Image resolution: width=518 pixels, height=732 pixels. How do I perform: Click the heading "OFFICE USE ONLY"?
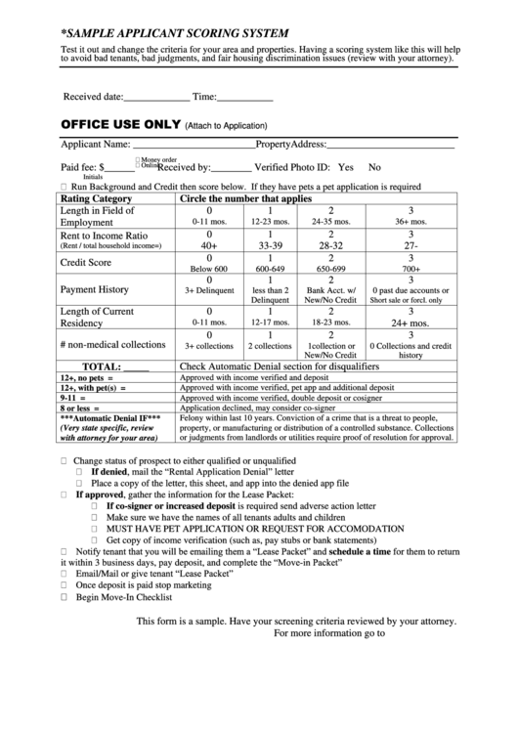click(121, 125)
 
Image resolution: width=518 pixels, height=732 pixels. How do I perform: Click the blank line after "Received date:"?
click(156, 99)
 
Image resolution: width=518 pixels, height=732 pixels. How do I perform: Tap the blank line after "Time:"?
click(245, 99)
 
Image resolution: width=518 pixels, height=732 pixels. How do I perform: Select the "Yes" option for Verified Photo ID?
click(345, 167)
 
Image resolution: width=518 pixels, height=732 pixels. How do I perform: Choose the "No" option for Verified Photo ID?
click(374, 167)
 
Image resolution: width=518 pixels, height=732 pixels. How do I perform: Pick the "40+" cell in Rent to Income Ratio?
click(209, 245)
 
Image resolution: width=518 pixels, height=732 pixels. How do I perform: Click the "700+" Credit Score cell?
click(410, 268)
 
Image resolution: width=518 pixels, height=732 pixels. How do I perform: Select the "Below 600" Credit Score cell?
click(209, 268)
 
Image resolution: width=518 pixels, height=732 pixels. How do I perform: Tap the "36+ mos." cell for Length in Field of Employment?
click(410, 222)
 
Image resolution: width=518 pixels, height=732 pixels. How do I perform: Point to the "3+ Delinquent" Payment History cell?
click(209, 290)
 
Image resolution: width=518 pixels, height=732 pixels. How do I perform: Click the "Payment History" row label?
click(94, 289)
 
